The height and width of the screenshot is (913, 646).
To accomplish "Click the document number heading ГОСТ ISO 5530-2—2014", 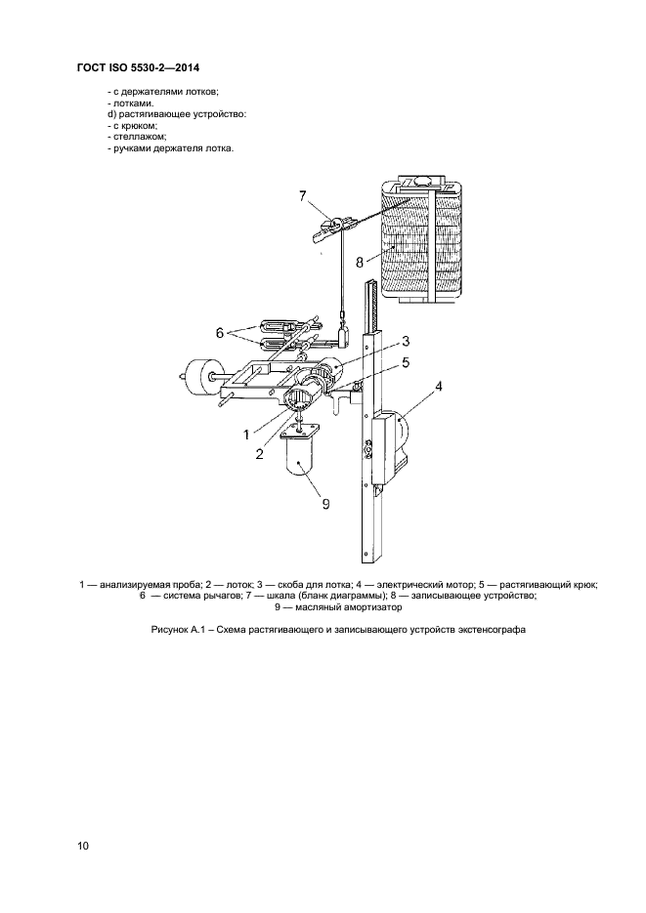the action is click(x=138, y=68).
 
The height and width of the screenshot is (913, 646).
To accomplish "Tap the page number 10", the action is click(x=83, y=846).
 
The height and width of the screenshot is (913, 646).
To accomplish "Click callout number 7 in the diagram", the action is click(x=302, y=196).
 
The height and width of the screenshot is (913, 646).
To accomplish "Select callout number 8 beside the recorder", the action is click(x=360, y=262).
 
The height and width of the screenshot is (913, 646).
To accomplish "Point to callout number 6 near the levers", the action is click(x=220, y=333).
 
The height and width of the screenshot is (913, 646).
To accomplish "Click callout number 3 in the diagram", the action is click(x=406, y=341).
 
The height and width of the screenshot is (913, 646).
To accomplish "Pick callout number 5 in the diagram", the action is click(x=406, y=362).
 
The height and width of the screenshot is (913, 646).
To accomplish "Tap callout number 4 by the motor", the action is click(x=439, y=386).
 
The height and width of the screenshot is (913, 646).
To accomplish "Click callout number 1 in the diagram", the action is click(x=246, y=435).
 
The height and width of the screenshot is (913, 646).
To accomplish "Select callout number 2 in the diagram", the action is click(x=259, y=454).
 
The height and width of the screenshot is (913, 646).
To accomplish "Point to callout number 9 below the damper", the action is click(x=325, y=504).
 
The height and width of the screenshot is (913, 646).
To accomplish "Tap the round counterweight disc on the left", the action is click(x=199, y=377).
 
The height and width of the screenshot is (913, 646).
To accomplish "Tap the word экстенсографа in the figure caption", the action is click(x=496, y=630).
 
